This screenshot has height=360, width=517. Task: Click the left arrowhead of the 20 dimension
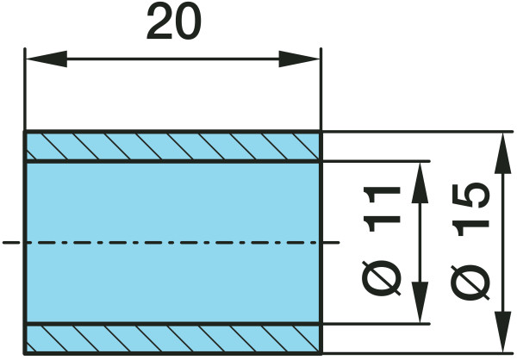pos(47,59)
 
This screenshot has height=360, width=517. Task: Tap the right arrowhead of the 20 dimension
pos(299,59)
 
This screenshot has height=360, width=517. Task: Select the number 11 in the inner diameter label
pos(382,209)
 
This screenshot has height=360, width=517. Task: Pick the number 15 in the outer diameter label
pos(470,209)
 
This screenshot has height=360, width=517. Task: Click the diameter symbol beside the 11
pos(382,278)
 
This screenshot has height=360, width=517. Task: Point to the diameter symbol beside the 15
pos(470,282)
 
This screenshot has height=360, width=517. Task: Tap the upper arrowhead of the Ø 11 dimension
pos(420,183)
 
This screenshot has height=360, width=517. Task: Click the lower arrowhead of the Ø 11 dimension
pos(420,302)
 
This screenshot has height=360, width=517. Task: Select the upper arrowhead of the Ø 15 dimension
pos(503,153)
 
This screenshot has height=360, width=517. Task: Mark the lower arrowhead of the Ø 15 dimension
pos(503,332)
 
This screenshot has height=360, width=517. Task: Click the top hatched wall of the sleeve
pos(173,146)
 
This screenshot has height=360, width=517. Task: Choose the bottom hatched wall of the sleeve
pos(173,339)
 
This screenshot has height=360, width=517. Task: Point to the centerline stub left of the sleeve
pos(11,243)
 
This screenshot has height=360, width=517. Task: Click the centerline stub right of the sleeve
pos(331,243)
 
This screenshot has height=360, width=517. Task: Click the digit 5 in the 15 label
pos(470,196)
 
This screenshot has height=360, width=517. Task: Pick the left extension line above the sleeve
pos(25,90)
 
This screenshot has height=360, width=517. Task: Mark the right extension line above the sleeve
pos(321,90)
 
